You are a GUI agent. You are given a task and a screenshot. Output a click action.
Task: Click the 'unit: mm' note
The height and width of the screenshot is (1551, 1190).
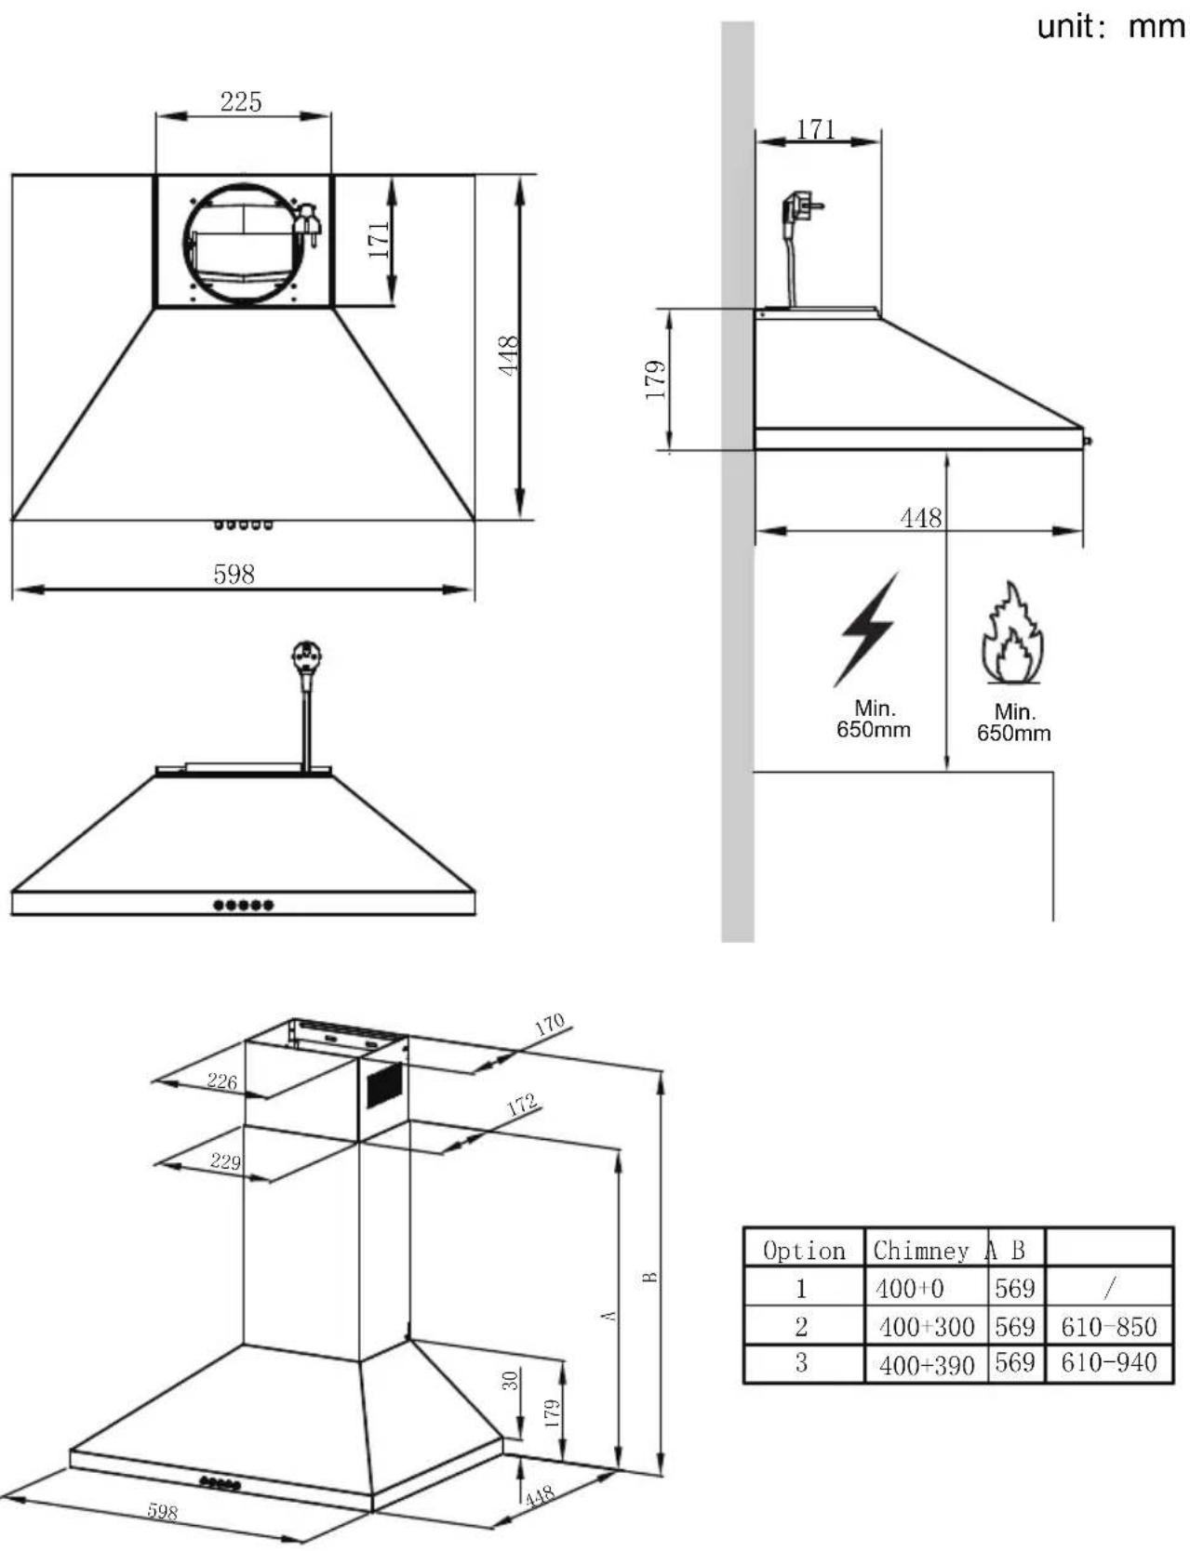[x=1111, y=26]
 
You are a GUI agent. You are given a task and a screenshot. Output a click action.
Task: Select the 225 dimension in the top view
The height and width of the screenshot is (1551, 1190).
[x=241, y=101]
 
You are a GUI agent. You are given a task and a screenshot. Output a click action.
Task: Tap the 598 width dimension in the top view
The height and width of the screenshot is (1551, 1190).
[x=234, y=575]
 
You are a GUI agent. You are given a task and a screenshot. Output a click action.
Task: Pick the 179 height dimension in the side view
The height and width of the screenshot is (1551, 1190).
[x=656, y=379]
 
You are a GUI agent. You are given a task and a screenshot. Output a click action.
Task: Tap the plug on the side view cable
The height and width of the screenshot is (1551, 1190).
[x=800, y=206]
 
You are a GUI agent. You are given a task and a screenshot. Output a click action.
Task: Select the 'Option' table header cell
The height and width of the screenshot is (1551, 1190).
[x=804, y=1251]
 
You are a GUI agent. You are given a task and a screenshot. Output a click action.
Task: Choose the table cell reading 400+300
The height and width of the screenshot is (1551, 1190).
[x=926, y=1327]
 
